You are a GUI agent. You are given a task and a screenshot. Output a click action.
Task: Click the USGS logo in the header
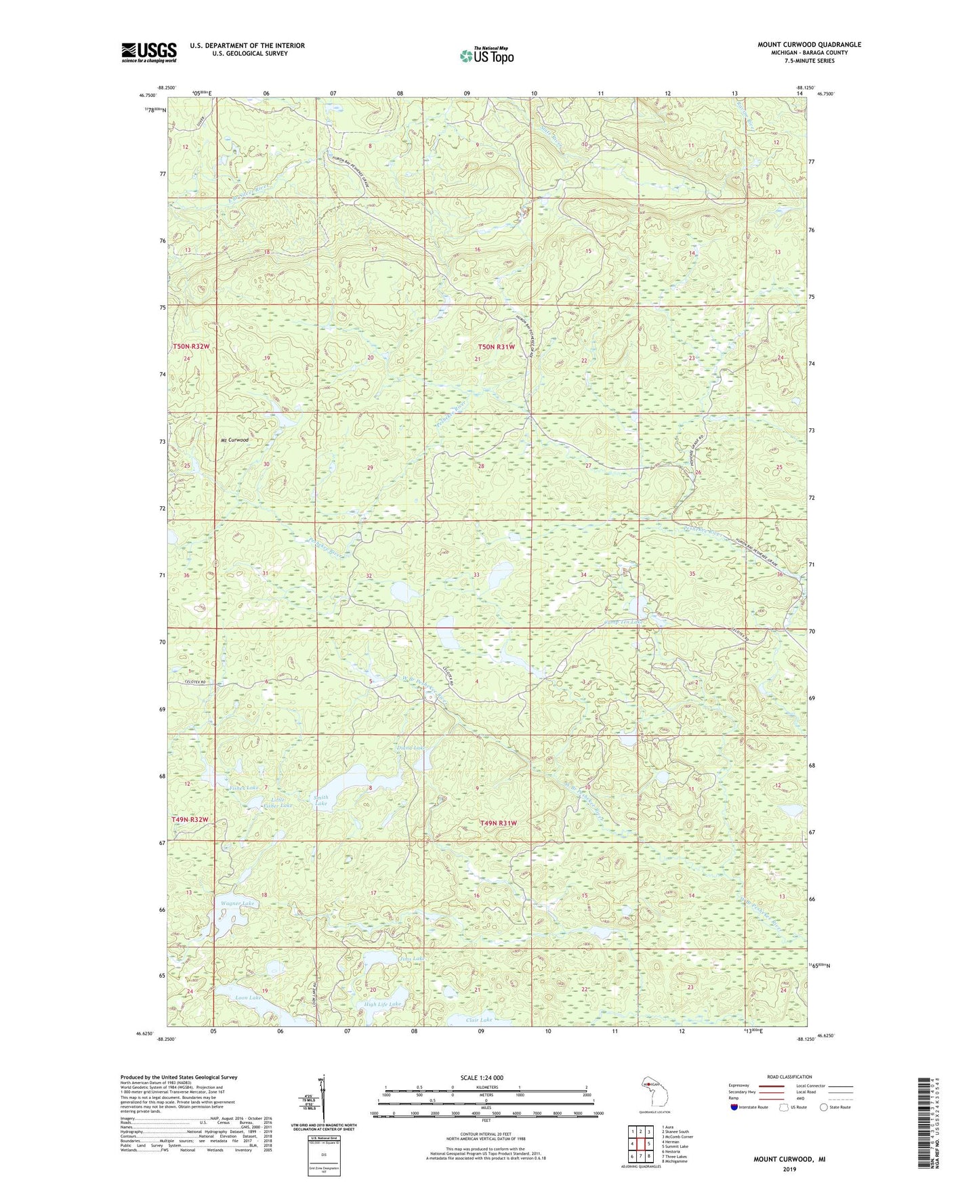coord(148,52)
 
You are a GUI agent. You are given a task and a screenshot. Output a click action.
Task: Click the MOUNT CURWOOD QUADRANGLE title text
coord(809,45)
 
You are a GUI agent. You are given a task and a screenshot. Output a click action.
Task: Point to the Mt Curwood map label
coord(234,440)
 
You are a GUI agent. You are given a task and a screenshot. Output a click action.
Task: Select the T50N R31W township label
coord(497,347)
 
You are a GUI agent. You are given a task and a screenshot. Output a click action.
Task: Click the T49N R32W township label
coord(190,819)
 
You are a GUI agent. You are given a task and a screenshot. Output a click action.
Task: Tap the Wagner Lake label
coord(237,904)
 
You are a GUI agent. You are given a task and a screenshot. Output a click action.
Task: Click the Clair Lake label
coord(478,1020)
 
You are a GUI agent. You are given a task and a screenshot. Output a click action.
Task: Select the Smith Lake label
coord(321,801)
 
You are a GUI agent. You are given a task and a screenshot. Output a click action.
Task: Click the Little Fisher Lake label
coord(277,802)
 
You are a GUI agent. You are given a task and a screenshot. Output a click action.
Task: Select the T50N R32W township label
coord(190,346)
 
